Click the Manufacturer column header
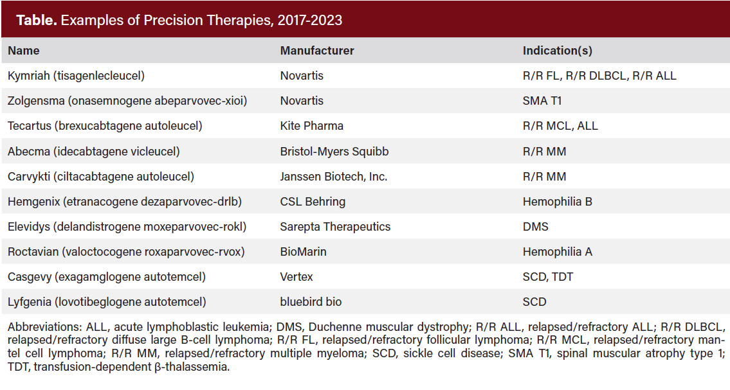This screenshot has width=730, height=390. [317, 51]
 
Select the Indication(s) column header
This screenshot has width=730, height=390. [557, 51]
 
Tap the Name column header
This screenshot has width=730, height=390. [23, 51]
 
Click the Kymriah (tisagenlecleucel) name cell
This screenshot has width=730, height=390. [76, 76]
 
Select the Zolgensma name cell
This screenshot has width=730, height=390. [127, 101]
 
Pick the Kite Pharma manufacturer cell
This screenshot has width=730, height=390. [311, 126]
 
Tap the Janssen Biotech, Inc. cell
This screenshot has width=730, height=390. [334, 177]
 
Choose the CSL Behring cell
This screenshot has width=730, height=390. [313, 202]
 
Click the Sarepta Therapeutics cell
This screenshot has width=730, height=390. [335, 227]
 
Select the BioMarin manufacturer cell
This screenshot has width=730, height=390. [303, 252]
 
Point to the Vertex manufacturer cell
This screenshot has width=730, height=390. [297, 277]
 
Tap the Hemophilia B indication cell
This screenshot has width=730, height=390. [557, 202]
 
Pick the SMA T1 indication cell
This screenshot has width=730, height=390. [543, 101]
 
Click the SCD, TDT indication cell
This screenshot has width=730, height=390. [547, 277]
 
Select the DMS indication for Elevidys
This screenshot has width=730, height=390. [535, 227]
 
